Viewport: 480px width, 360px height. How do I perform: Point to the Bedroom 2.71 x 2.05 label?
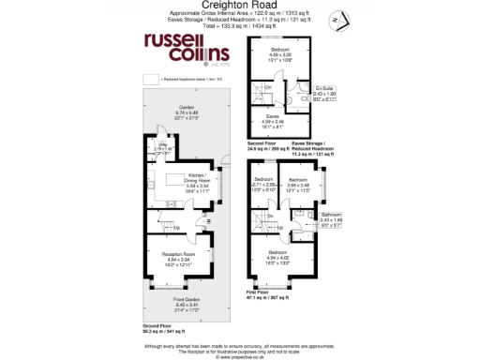264,183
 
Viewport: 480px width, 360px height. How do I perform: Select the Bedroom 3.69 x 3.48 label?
298,183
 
